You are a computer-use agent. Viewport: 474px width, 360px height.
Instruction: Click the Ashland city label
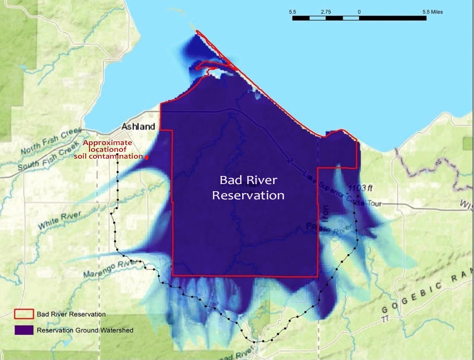[138, 126]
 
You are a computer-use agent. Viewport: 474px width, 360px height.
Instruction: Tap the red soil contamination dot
[147, 158]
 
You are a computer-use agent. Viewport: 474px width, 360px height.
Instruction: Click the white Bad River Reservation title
[248, 188]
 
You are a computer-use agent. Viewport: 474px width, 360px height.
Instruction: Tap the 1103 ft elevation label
[360, 187]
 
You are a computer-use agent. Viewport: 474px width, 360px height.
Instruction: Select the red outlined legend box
[24, 314]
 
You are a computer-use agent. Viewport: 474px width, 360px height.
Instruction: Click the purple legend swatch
[24, 330]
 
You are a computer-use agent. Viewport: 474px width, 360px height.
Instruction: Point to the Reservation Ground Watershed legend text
[85, 330]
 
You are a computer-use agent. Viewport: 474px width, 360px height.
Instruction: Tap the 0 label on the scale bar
[359, 12]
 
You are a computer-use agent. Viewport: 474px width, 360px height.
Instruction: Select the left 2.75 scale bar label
[326, 12]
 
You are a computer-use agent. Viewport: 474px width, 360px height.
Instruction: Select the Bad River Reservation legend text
[71, 314]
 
